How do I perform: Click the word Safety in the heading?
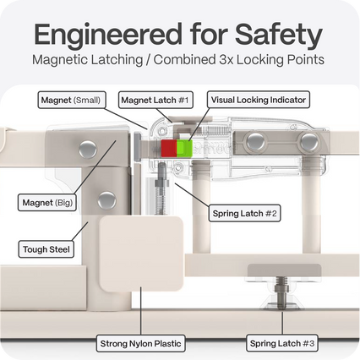[x=279, y=35]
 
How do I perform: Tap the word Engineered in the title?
[x=108, y=35]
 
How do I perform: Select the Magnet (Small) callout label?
[x=72, y=100]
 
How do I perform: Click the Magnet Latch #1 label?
[x=155, y=100]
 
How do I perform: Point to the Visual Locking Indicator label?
[x=259, y=100]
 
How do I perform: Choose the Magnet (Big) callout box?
[x=47, y=202]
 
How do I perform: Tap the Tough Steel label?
[x=46, y=249]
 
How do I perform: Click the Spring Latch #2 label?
[x=244, y=213]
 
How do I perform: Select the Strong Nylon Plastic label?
[x=140, y=343]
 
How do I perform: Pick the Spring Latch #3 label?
[x=282, y=343]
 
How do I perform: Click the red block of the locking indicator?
[x=169, y=148]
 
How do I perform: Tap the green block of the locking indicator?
[x=184, y=148]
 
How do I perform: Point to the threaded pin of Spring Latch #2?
[x=161, y=188]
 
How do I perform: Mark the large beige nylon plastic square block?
[x=141, y=254]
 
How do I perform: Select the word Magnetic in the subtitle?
[x=59, y=60]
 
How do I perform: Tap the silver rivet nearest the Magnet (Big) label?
[x=106, y=200]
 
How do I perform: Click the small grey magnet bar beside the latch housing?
[x=137, y=147]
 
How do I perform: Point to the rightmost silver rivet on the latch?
[x=308, y=141]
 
